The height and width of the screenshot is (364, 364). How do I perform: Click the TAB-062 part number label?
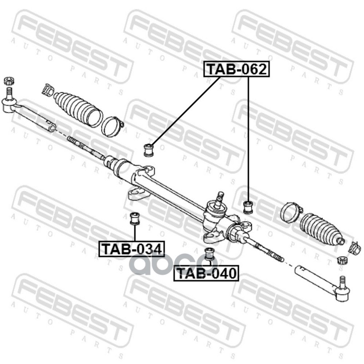pyautogui.click(x=236, y=70)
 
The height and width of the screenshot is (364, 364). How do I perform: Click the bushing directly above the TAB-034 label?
pyautogui.click(x=134, y=218)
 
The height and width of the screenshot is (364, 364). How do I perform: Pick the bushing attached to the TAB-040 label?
pyautogui.click(x=209, y=253)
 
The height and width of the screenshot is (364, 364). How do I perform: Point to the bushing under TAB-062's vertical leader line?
pyautogui.click(x=248, y=206)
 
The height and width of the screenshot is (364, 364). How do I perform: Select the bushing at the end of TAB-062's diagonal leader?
pyautogui.click(x=149, y=149)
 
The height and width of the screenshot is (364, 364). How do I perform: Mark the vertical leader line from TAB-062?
pyautogui.click(x=248, y=136)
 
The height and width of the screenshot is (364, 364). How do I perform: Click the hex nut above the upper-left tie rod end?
pyautogui.click(x=8, y=81)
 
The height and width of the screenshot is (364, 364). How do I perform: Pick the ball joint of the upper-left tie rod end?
pyautogui.click(x=9, y=105)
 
